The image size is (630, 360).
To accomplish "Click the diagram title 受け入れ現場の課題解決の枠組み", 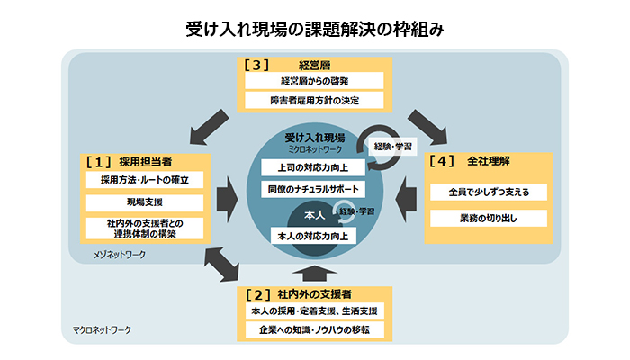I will pos(314,29).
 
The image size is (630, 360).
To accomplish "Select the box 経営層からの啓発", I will pos(314,81).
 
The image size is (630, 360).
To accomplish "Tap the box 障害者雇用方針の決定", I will pos(314,100).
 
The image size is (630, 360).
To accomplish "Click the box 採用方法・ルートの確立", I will pos(145,180).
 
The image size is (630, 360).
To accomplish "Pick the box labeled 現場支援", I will pos(145,203).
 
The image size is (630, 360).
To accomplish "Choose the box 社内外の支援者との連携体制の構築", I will pos(145,228).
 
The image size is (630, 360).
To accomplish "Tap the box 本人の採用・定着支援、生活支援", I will pos(314,310).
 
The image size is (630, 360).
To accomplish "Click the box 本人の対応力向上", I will pos(311,235).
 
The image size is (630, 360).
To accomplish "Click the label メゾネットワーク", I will pos(120,255).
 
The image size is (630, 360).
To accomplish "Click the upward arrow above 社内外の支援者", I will pos(314,272).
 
